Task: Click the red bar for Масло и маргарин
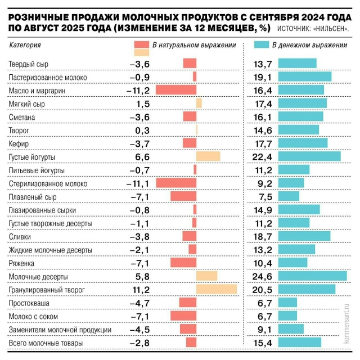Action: [175, 90]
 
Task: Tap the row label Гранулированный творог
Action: [47, 290]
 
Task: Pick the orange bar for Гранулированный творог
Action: [217, 290]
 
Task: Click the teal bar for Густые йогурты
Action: [309, 156]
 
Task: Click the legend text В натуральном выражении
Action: [193, 44]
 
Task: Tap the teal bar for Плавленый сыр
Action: [288, 196]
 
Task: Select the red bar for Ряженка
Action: [183, 263]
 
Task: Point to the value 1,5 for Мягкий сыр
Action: [142, 103]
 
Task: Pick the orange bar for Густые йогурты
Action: [208, 156]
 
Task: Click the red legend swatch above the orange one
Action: [142, 44]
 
